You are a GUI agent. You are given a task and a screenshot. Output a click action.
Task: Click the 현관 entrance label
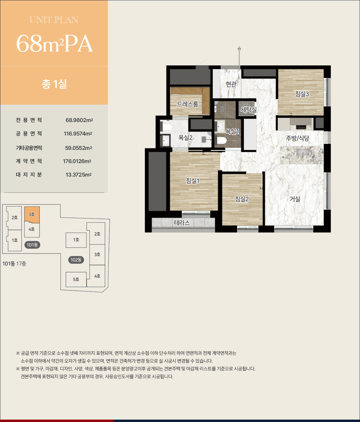click(231, 84)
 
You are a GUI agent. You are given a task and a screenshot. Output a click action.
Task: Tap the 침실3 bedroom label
click(302, 94)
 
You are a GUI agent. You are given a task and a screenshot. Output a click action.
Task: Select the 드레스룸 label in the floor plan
click(187, 104)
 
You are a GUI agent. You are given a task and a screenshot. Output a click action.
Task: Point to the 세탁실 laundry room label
click(248, 110)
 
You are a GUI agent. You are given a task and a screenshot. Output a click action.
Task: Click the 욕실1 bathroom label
click(232, 132)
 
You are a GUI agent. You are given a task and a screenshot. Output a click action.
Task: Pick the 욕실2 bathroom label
click(186, 138)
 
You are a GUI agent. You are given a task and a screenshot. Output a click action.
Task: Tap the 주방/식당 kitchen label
click(298, 138)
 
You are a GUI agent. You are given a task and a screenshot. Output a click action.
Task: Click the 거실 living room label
click(295, 199)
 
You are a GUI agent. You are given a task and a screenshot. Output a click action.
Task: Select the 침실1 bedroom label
click(192, 181)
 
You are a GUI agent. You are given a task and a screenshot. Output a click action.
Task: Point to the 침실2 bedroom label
click(242, 199)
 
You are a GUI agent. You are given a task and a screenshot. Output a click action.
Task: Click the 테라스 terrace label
click(182, 222)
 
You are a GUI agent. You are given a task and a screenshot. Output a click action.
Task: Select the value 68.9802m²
click(79, 120)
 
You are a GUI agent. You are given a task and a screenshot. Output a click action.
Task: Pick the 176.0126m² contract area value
click(77, 161)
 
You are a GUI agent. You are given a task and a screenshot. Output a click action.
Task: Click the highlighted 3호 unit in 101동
click(32, 215)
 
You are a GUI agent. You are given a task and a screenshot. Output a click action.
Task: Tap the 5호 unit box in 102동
click(76, 279)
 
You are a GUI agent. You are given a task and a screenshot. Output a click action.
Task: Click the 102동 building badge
click(76, 260)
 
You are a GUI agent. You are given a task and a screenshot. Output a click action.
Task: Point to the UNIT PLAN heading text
click(54, 20)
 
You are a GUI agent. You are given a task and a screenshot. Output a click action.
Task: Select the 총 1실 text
click(54, 84)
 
